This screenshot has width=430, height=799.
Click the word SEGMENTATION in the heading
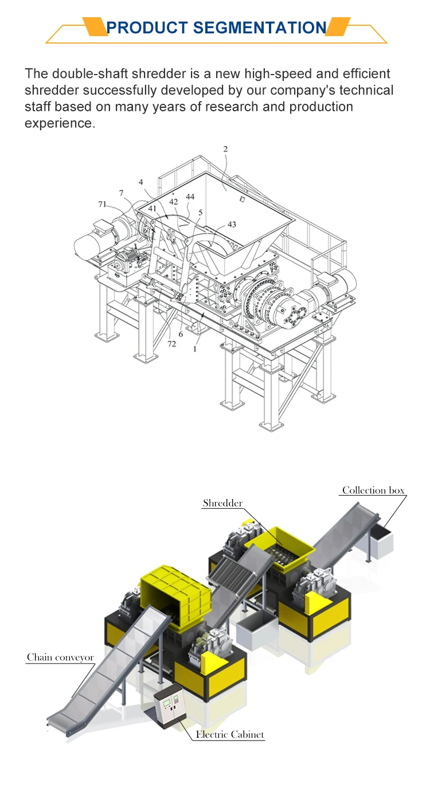click(259, 28)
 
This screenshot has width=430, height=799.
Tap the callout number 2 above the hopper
click(225, 149)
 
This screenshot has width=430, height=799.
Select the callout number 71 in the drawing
click(102, 204)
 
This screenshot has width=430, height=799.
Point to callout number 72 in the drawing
click(171, 344)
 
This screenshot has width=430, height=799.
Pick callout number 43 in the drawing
click(232, 224)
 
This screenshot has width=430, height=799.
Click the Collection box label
click(373, 490)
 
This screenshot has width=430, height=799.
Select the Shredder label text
click(222, 503)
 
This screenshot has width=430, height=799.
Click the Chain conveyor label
click(60, 657)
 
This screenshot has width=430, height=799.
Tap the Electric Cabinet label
click(230, 734)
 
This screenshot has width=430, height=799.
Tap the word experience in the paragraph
click(58, 123)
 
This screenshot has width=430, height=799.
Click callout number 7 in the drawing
click(121, 193)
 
